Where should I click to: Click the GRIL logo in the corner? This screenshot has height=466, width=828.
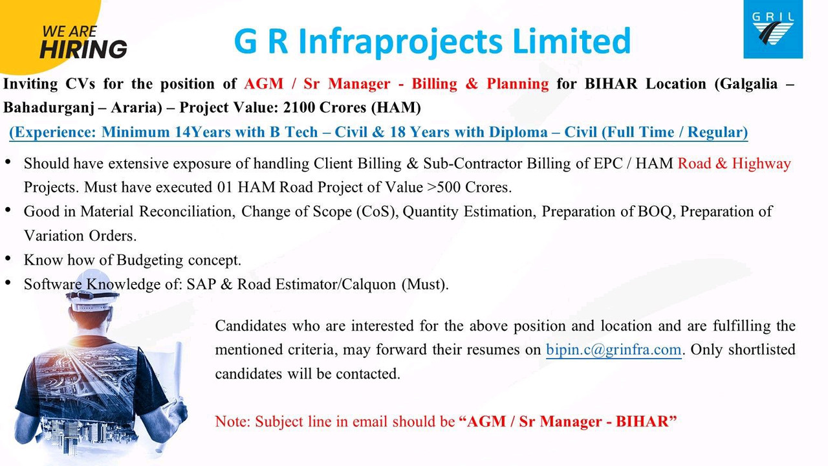click(x=773, y=29)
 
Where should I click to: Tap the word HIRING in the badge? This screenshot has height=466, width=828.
click(x=83, y=49)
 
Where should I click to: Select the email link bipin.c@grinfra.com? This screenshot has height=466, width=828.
click(x=614, y=349)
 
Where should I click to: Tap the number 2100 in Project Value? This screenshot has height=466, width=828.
click(x=298, y=107)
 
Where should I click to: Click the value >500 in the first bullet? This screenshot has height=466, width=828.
click(x=444, y=187)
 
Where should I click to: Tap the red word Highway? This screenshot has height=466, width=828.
click(x=761, y=164)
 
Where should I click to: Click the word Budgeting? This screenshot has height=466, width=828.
click(x=149, y=260)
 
